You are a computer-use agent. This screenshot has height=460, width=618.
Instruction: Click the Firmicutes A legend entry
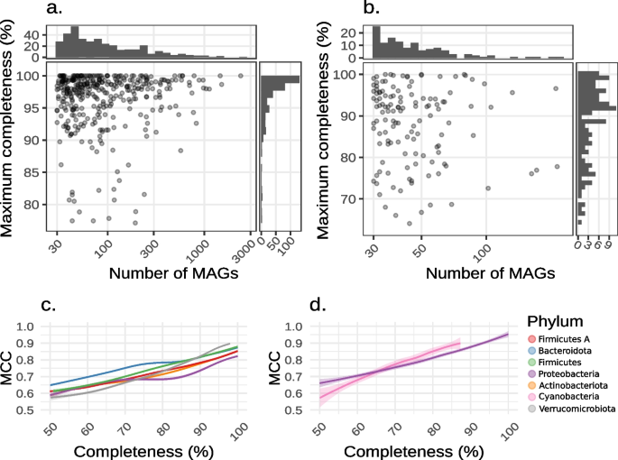567,339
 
